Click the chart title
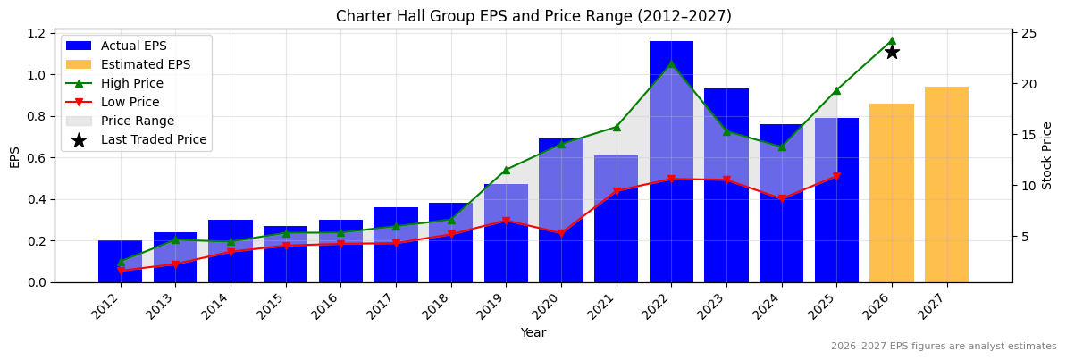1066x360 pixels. pyautogui.click(x=533, y=16)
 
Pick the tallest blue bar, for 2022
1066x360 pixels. pyautogui.click(x=671, y=161)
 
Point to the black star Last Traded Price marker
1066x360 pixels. pyautogui.click(x=892, y=52)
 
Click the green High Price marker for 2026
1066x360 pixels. pyautogui.click(x=892, y=40)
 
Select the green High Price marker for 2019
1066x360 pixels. pyautogui.click(x=506, y=170)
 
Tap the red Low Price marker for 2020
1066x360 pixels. pyautogui.click(x=561, y=234)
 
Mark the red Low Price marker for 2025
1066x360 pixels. pyautogui.click(x=836, y=177)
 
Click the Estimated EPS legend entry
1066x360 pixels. pyautogui.click(x=145, y=64)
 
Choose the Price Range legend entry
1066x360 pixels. pyautogui.click(x=137, y=121)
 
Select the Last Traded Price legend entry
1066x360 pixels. pyautogui.click(x=153, y=139)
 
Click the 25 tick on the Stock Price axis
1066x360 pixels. pyautogui.click(x=1028, y=33)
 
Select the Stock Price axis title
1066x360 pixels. pyautogui.click(x=1047, y=155)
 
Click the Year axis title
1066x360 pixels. pyautogui.click(x=533, y=333)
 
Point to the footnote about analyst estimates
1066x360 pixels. pyautogui.click(x=943, y=347)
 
